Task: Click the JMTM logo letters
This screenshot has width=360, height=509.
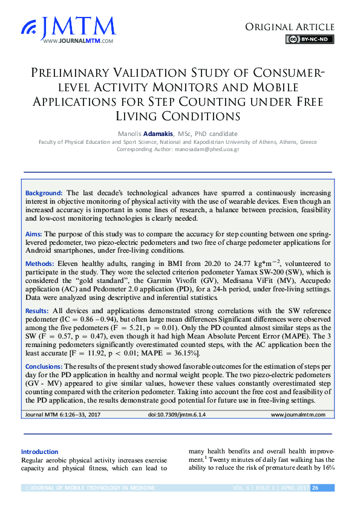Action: [x=79, y=26]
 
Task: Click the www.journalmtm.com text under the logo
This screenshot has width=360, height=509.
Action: [x=78, y=41]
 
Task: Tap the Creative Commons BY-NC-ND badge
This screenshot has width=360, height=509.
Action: [x=310, y=39]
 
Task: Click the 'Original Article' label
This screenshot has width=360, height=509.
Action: [x=289, y=27]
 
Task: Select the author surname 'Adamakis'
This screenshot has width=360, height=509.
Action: [x=157, y=134]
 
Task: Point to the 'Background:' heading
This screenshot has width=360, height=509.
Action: [x=44, y=192]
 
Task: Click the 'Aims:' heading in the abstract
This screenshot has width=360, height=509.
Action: [x=33, y=233]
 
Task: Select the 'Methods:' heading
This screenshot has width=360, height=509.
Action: [x=39, y=264]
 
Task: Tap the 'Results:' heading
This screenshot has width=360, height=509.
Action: [x=38, y=310]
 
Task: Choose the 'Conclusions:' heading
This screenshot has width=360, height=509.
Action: [x=44, y=366]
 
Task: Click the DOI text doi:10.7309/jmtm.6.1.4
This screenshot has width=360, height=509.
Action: [x=177, y=415]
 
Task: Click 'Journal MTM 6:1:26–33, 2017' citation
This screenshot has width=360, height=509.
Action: [x=62, y=415]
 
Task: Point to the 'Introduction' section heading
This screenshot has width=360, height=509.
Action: [x=40, y=452]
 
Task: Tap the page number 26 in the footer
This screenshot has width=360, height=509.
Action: [x=315, y=488]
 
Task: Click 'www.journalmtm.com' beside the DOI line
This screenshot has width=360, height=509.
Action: [x=298, y=415]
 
